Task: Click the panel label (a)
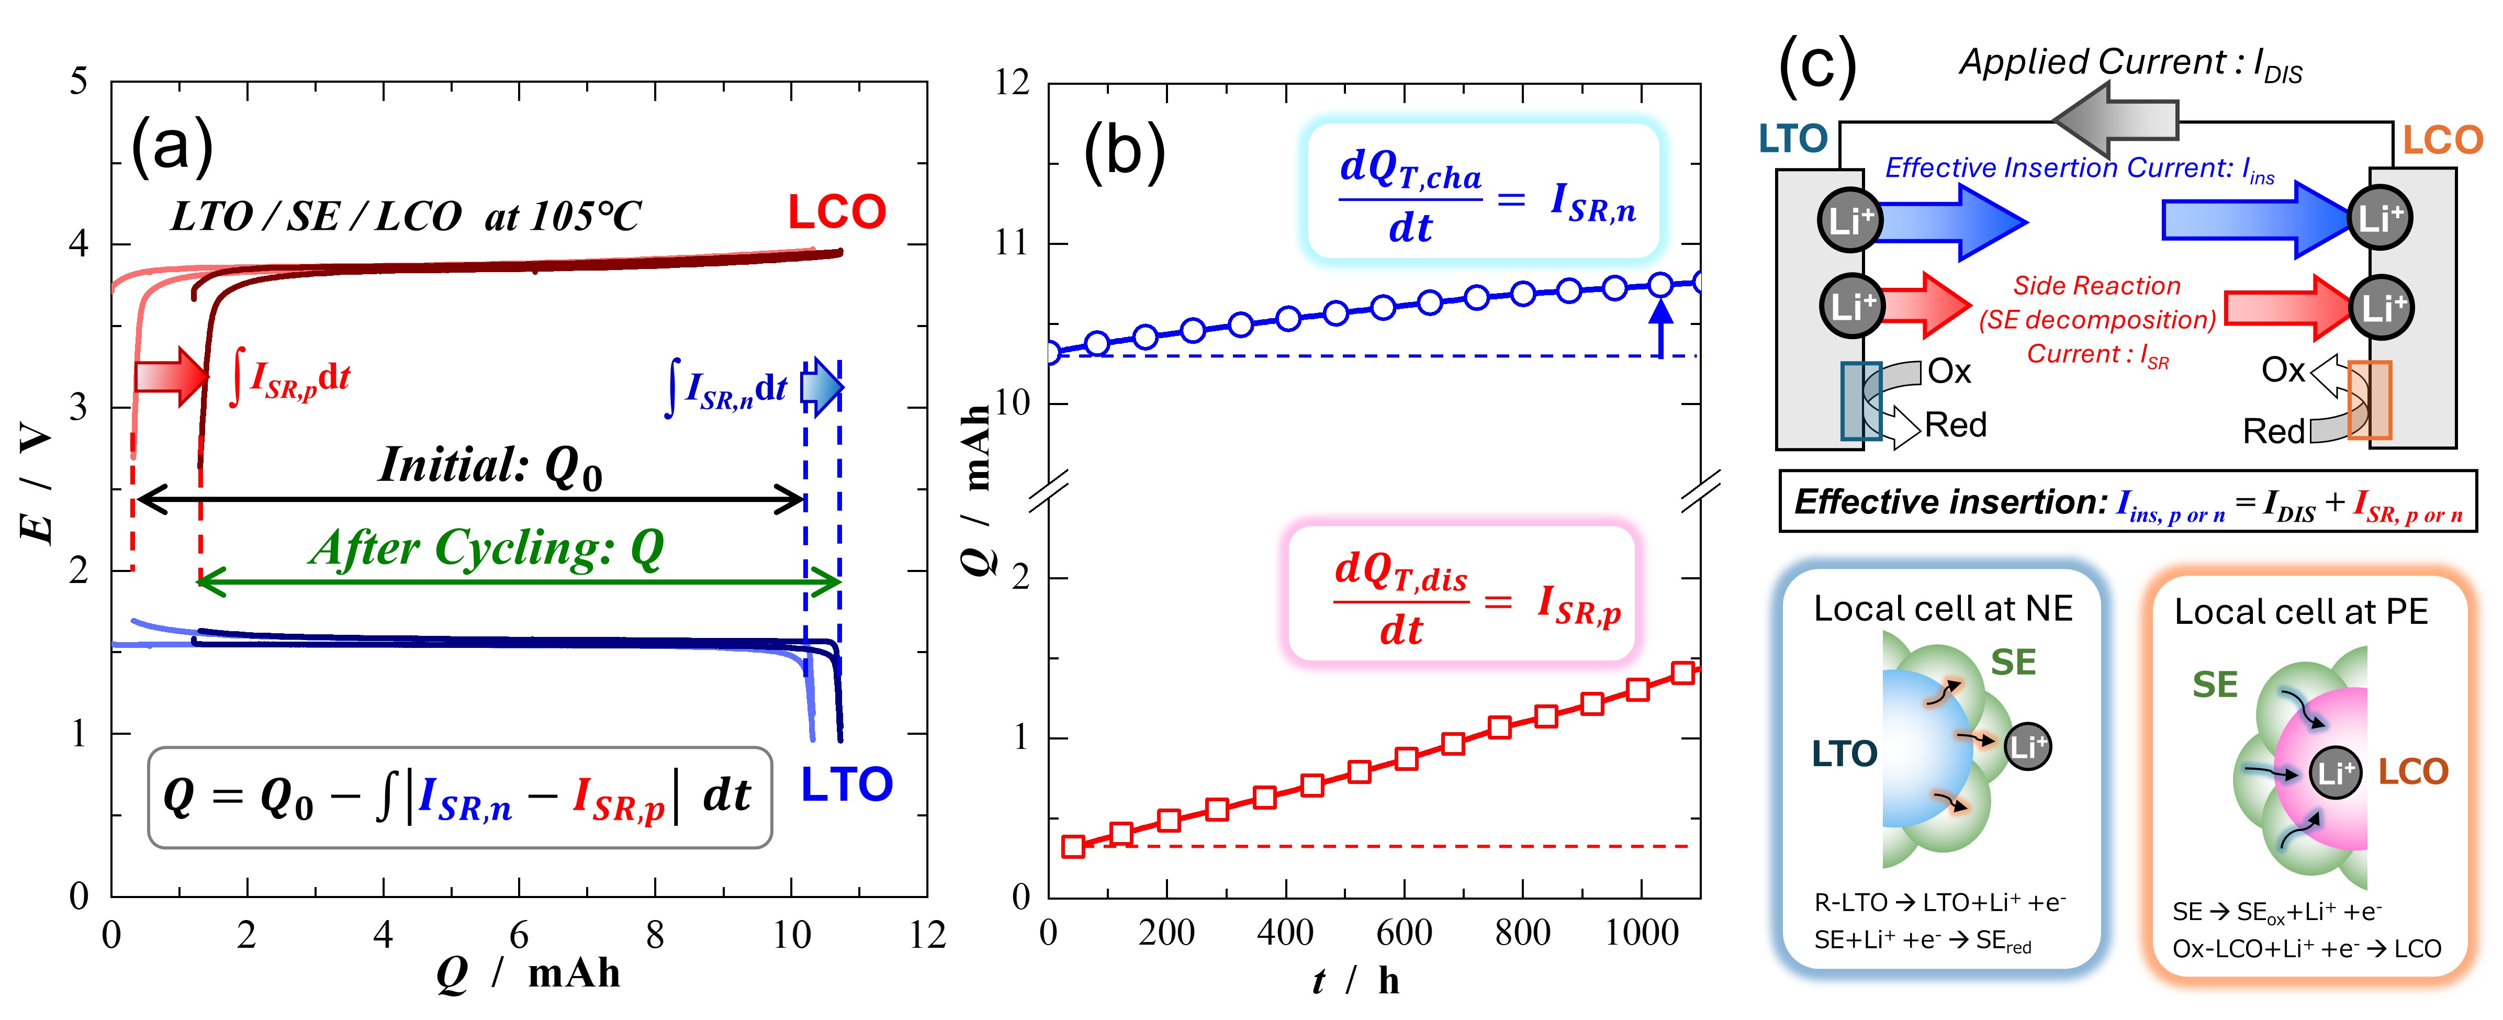(172, 145)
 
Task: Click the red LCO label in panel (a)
(836, 212)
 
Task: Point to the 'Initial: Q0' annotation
(491, 466)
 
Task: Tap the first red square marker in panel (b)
(1073, 846)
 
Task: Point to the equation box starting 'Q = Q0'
(459, 797)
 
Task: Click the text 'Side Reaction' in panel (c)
(2096, 286)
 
